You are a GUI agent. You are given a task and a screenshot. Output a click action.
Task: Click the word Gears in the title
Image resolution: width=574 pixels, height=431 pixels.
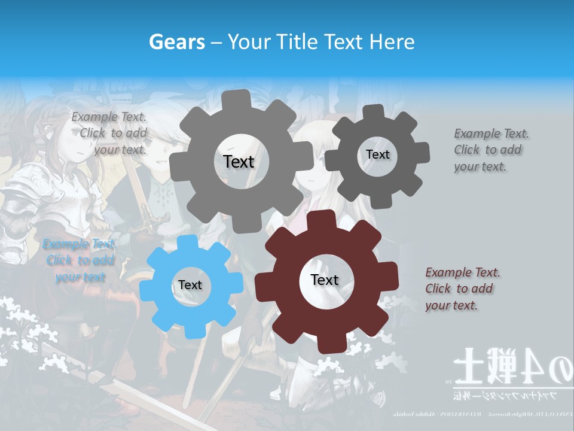[177, 42]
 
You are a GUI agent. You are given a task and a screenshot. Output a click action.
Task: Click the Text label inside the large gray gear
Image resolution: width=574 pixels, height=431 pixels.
[239, 162]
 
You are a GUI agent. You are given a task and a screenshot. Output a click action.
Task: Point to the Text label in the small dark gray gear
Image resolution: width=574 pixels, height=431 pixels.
[377, 154]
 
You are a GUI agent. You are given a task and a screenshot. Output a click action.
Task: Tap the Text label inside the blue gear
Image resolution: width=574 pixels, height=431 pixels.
[190, 286]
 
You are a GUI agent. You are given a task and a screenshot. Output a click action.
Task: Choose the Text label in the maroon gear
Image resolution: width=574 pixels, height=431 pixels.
[325, 280]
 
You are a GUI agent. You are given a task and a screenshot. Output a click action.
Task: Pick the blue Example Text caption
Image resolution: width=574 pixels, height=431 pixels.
[80, 260]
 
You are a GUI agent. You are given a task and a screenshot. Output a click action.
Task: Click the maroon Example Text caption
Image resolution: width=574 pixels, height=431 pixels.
[462, 289]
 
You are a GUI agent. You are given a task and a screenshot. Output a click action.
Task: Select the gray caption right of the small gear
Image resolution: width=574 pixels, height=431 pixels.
[491, 150]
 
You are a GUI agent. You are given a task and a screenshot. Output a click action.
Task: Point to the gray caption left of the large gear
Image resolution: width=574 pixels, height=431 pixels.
[109, 133]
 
